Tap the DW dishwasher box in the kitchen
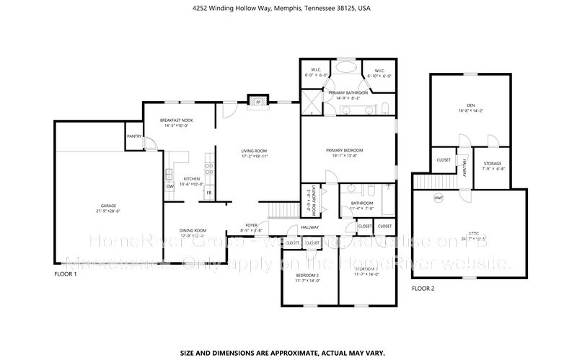click(170, 186)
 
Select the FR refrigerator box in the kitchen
click(209, 193)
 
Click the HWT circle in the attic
click(439, 198)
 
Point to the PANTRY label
click(133, 136)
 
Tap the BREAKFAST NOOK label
click(176, 120)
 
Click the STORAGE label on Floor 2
click(493, 163)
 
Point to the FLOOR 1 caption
click(66, 275)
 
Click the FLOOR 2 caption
click(423, 288)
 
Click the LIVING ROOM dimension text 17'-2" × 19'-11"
click(254, 156)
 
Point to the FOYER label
click(252, 224)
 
